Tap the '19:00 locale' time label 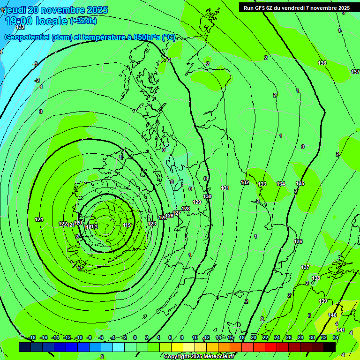[x=36, y=21]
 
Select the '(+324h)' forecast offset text [x=83, y=21]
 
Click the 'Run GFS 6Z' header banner [x=296, y=7]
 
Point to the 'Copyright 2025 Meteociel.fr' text [x=199, y=356]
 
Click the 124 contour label [x=39, y=219]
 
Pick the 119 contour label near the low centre [x=127, y=225]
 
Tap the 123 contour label [x=152, y=224]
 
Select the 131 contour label [x=225, y=188]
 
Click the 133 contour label [x=262, y=184]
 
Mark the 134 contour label [x=281, y=184]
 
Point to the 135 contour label [x=300, y=183]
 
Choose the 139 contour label [x=323, y=301]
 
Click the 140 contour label [x=332, y=315]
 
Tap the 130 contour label [x=207, y=196]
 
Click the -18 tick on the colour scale [x=32, y=337]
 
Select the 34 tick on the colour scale [x=336, y=337]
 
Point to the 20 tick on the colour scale [x=254, y=337]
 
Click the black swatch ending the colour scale [x=330, y=347]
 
